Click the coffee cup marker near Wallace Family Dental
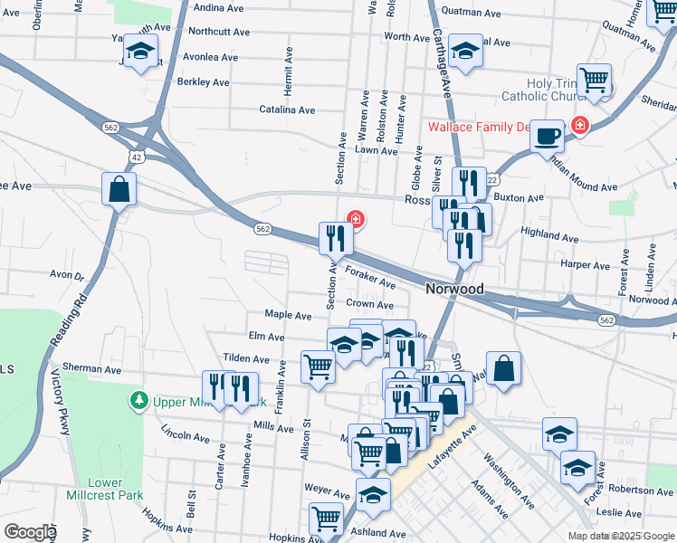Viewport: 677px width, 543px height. [x=547, y=137]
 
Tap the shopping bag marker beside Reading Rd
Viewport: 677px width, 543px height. [x=119, y=190]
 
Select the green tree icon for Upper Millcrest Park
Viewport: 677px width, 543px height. [x=138, y=399]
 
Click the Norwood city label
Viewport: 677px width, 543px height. [x=454, y=290]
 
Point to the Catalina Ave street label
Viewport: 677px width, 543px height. [x=287, y=110]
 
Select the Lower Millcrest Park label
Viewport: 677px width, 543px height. [x=105, y=489]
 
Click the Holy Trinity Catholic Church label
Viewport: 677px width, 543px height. [x=551, y=90]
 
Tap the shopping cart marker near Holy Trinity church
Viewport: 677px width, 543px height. [x=595, y=81]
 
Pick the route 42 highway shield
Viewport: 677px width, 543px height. [x=136, y=157]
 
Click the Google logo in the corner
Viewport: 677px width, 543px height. [x=29, y=531]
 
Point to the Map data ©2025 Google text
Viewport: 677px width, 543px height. [x=620, y=536]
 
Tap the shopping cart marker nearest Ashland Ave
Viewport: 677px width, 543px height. [x=326, y=519]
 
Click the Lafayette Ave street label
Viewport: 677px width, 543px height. [x=452, y=450]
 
